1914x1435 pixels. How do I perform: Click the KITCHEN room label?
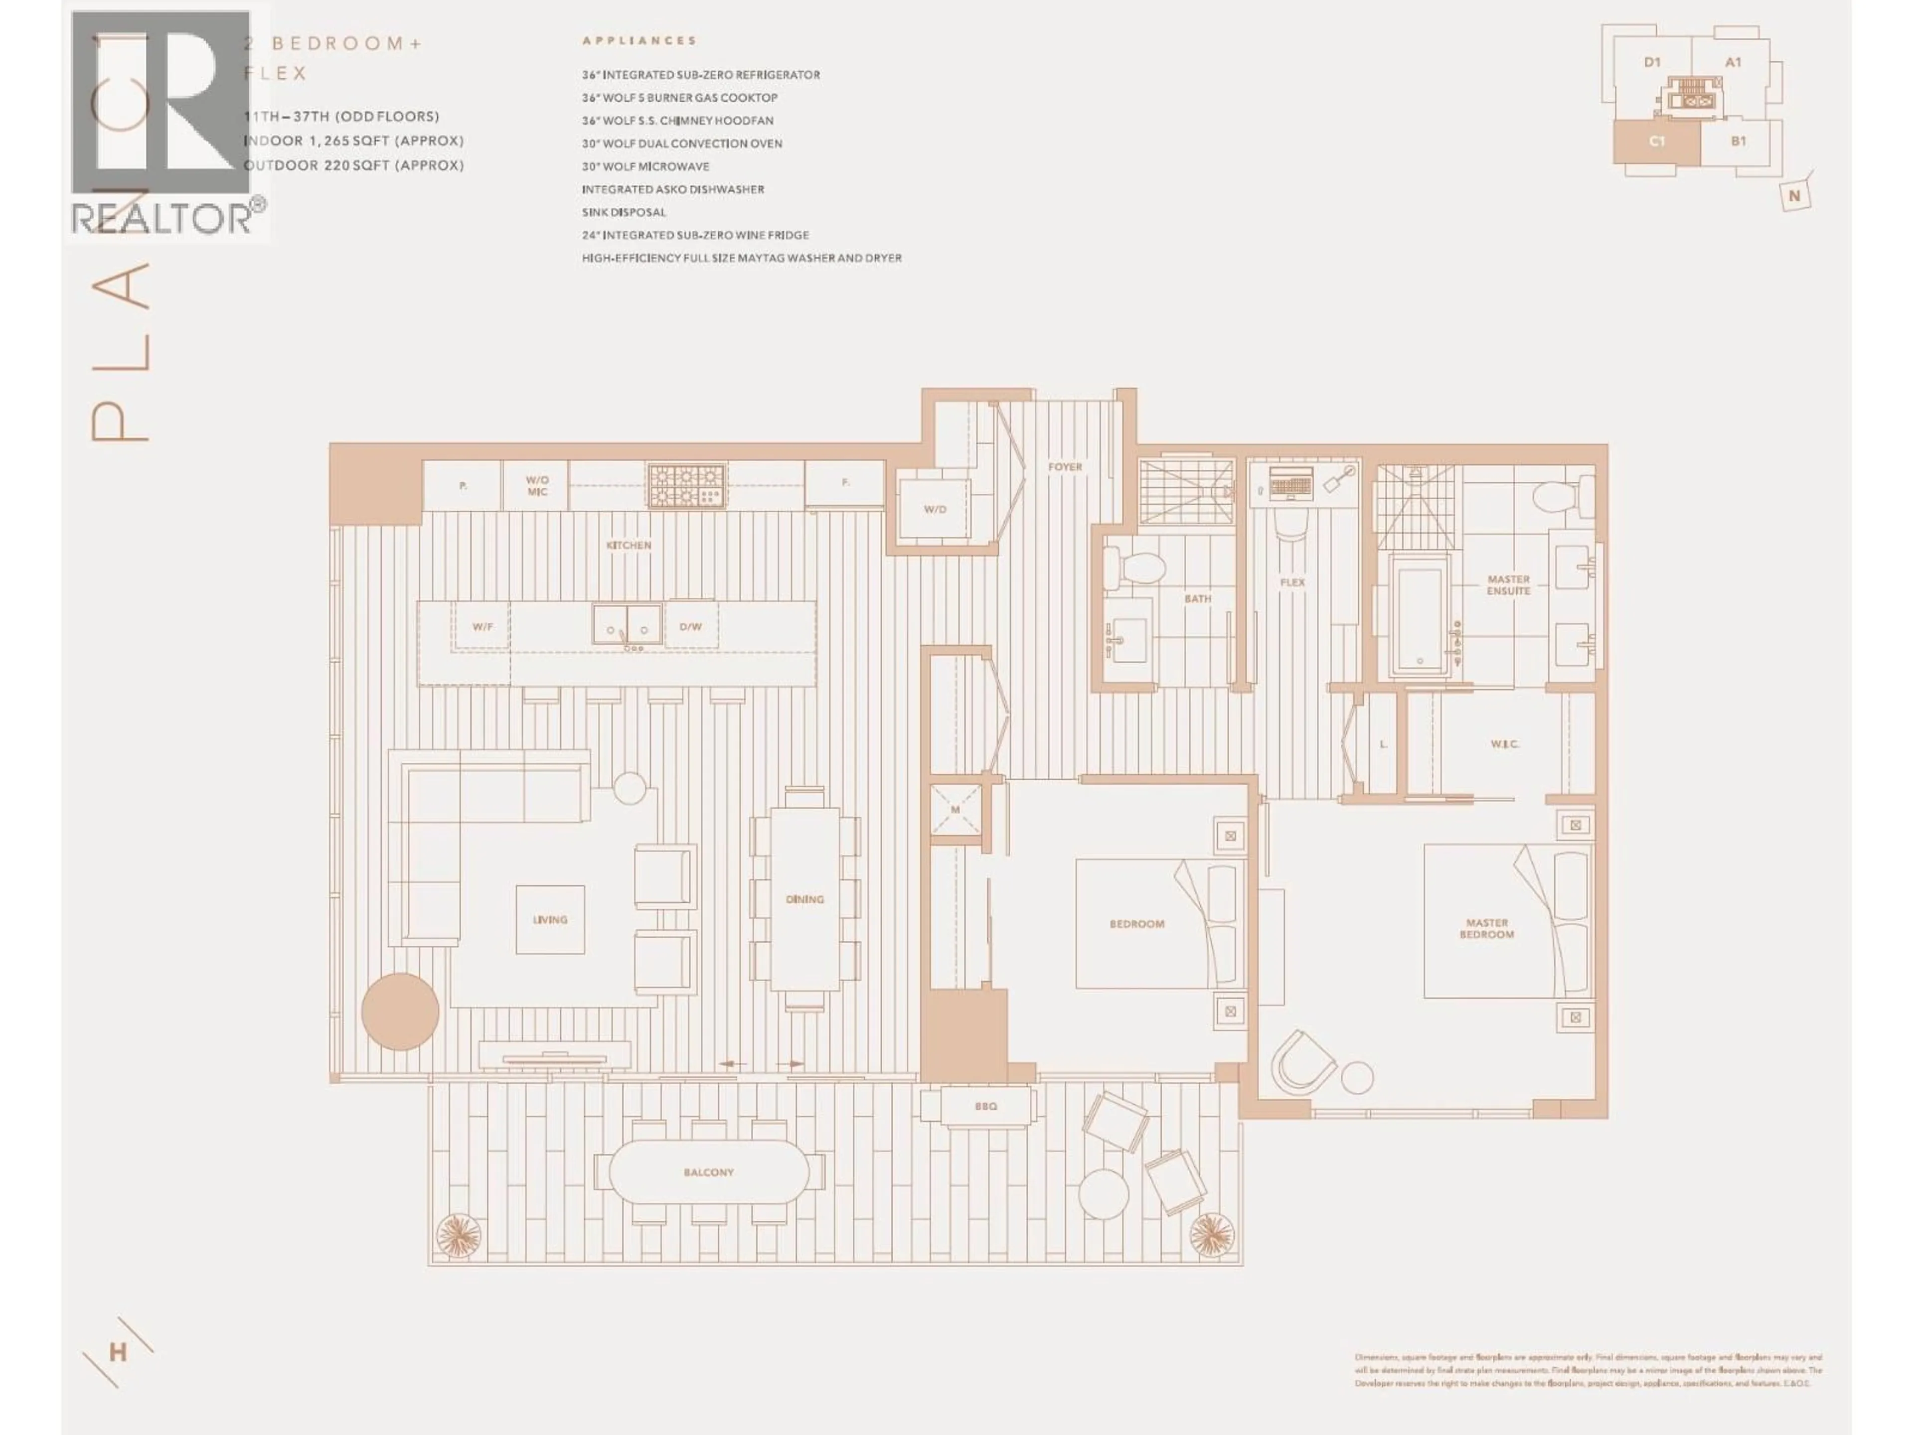coord(628,546)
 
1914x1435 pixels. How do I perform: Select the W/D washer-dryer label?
coord(935,509)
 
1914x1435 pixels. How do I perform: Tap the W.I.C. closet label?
coord(1505,744)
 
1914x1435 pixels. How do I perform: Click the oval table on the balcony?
coord(709,1172)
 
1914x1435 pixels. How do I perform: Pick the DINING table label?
coord(804,899)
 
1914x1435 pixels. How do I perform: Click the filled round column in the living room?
coord(400,1012)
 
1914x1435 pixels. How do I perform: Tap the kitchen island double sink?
coord(628,624)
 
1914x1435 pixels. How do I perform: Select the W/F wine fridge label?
coord(482,626)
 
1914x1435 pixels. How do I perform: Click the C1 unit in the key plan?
coord(1656,141)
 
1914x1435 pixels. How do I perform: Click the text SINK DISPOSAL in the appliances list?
coord(624,212)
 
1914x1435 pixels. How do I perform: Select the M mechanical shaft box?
coord(956,810)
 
